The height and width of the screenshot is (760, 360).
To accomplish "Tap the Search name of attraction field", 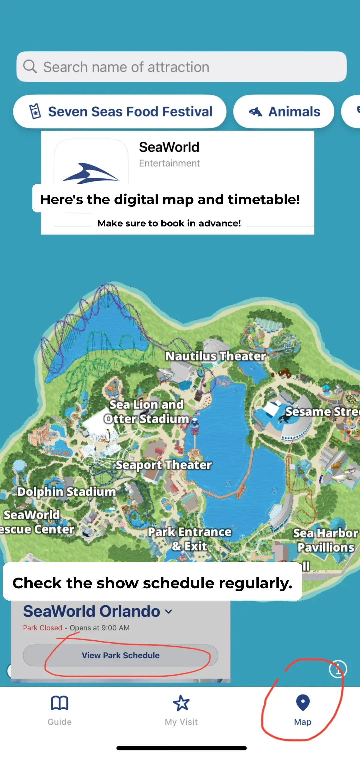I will click(x=182, y=67).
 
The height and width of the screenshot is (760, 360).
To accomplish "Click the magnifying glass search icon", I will click(x=30, y=66).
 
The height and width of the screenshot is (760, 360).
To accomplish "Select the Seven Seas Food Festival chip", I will click(x=120, y=112).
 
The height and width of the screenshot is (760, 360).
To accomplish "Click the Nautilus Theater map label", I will click(x=215, y=356).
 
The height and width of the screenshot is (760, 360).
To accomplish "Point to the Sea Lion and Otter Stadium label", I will click(x=146, y=412).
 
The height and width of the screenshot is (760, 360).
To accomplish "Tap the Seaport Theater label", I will click(x=164, y=465).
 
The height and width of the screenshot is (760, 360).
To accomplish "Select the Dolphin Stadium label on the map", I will click(x=67, y=492).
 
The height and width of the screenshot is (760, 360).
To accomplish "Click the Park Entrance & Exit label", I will click(x=190, y=539).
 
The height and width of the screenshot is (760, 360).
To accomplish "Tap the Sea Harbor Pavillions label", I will click(x=326, y=540).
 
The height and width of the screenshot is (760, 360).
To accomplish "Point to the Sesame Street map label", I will click(x=322, y=412).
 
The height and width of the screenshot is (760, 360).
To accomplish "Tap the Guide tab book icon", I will click(x=60, y=703).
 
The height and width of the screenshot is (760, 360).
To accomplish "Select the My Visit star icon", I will click(x=181, y=703).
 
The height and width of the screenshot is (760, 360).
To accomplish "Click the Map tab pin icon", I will click(x=303, y=703).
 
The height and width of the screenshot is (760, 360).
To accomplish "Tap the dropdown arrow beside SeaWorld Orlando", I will click(x=169, y=612).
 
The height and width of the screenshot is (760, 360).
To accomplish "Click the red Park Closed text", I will click(x=43, y=628).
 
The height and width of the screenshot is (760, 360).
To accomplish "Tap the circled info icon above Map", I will click(x=338, y=669).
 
